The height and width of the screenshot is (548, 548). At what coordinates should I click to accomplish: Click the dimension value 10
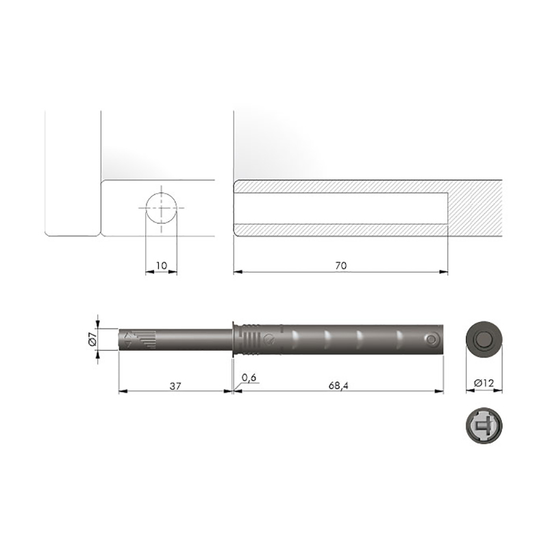(x=162, y=266)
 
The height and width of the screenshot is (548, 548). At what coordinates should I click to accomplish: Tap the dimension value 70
(x=340, y=266)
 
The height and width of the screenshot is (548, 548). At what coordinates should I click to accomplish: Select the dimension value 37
(x=175, y=386)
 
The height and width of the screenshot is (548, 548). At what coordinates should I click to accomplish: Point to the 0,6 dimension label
(x=249, y=378)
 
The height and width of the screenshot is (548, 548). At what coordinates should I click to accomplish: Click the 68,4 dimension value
(x=338, y=386)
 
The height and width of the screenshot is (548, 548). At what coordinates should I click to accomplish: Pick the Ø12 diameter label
(x=484, y=384)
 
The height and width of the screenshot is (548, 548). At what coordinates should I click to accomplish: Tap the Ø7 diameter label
(x=92, y=339)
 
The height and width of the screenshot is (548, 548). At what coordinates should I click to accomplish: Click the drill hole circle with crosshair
(x=161, y=208)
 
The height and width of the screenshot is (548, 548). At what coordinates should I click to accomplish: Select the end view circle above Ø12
(x=484, y=339)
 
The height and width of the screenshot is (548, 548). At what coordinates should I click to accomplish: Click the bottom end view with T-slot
(x=484, y=425)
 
